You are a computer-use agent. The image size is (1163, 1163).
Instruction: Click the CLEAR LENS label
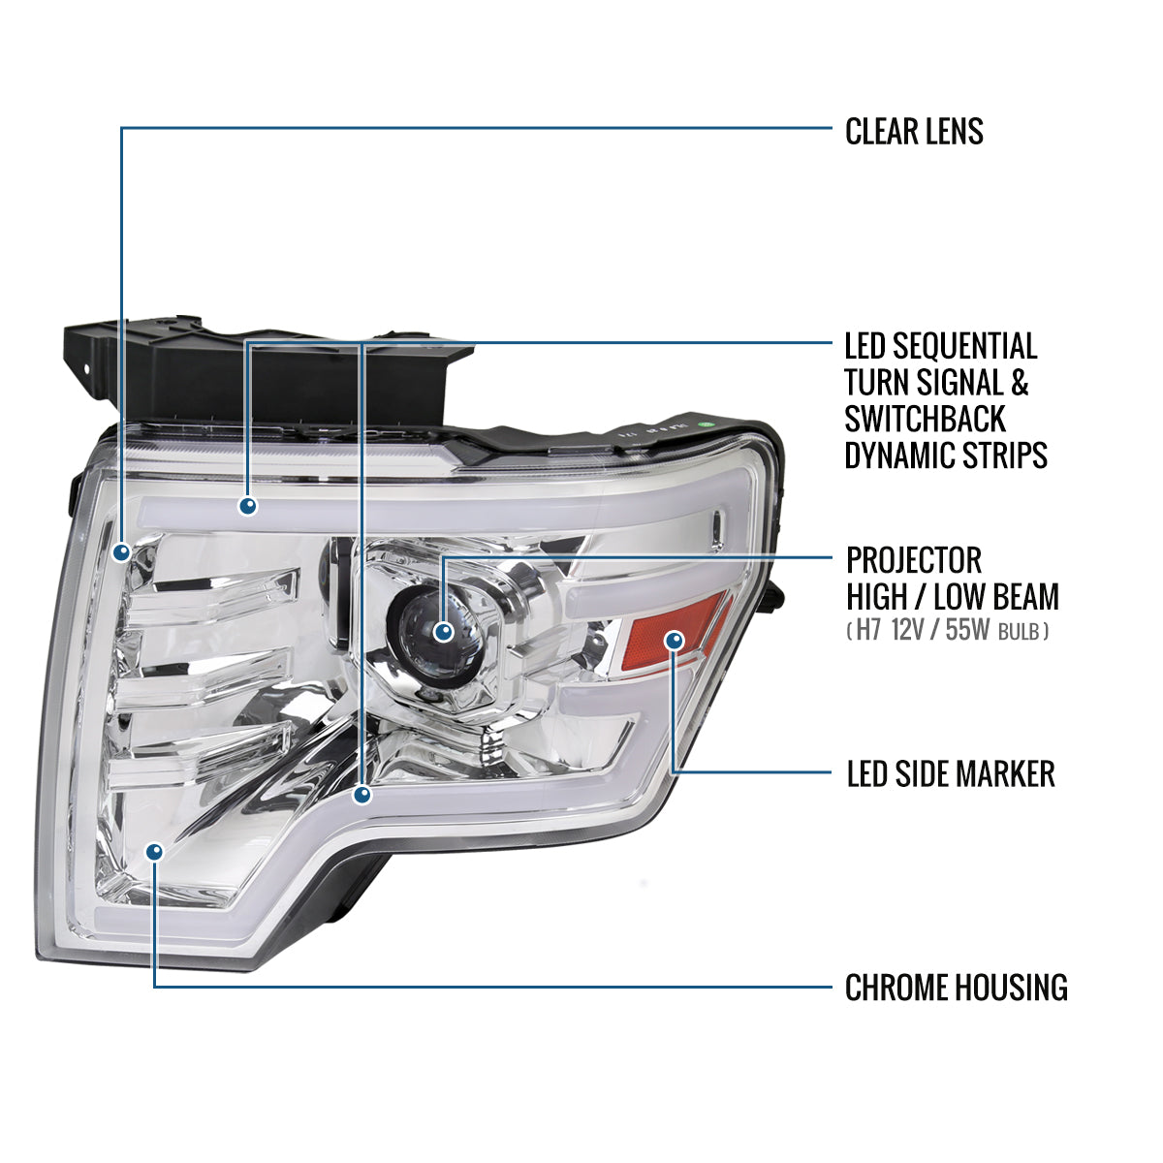pyautogui.click(x=914, y=132)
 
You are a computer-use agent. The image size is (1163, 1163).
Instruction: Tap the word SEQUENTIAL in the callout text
pyautogui.click(x=964, y=346)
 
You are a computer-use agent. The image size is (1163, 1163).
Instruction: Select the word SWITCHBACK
pyautogui.click(x=911, y=420)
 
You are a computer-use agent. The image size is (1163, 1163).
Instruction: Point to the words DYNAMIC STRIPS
pyautogui.click(x=946, y=455)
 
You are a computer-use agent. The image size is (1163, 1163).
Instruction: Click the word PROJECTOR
pyautogui.click(x=914, y=560)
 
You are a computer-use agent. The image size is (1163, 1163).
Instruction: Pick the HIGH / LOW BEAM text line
pyautogui.click(x=953, y=596)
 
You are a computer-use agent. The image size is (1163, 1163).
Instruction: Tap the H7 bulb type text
pyautogui.click(x=867, y=632)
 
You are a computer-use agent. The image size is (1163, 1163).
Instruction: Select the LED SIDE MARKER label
pyautogui.click(x=951, y=773)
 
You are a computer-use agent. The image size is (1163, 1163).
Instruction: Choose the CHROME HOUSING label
pyautogui.click(x=956, y=988)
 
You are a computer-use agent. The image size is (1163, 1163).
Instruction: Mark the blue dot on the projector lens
pyautogui.click(x=444, y=632)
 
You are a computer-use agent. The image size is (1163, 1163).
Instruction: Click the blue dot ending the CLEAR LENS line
pyautogui.click(x=121, y=552)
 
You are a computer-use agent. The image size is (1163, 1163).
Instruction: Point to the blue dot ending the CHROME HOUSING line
pyautogui.click(x=154, y=851)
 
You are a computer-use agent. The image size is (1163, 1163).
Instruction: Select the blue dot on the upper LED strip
pyautogui.click(x=248, y=505)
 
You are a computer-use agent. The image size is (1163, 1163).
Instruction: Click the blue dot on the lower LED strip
pyautogui.click(x=361, y=795)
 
